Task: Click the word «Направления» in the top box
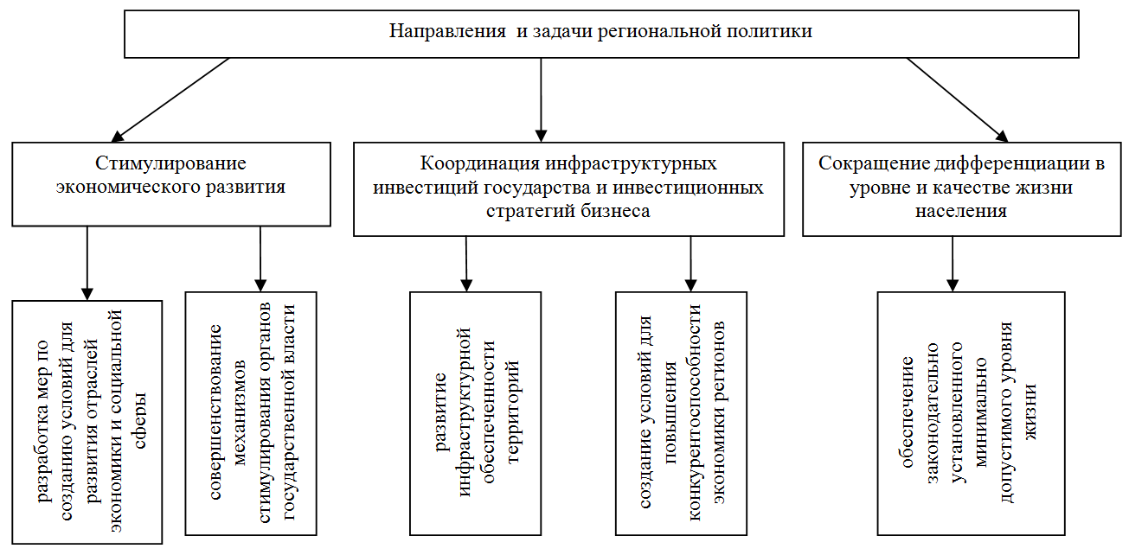pyautogui.click(x=447, y=32)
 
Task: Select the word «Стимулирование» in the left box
pyautogui.click(x=170, y=163)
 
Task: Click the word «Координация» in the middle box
pyautogui.click(x=479, y=163)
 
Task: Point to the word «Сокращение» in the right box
pyautogui.click(x=874, y=163)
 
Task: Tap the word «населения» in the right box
pyautogui.click(x=961, y=211)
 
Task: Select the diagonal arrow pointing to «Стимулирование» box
pyautogui.click(x=170, y=99)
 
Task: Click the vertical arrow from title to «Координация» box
pyautogui.click(x=541, y=99)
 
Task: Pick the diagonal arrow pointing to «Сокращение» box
pyautogui.click(x=957, y=99)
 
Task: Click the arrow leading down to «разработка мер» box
pyautogui.click(x=87, y=264)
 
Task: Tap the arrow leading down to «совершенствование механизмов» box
pyautogui.click(x=260, y=258)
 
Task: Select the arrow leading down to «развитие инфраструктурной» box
pyautogui.click(x=466, y=264)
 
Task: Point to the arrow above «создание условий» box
pyautogui.click(x=690, y=264)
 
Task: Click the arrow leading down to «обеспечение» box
pyautogui.click(x=953, y=264)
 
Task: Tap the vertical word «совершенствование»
pyautogui.click(x=215, y=412)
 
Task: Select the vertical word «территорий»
pyautogui.click(x=513, y=412)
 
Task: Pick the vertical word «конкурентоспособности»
pyautogui.click(x=695, y=412)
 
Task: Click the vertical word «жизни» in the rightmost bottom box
pyautogui.click(x=1030, y=412)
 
